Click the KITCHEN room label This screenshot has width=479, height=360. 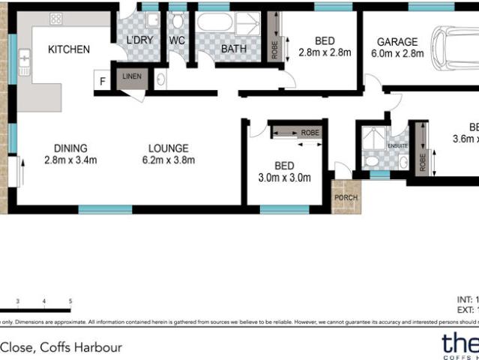pyautogui.click(x=69, y=50)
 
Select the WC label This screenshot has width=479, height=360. pyautogui.click(x=177, y=40)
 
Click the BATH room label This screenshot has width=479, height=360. pyautogui.click(x=231, y=50)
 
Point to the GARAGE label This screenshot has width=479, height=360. pyautogui.click(x=397, y=42)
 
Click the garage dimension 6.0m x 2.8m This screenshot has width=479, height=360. pyautogui.click(x=397, y=54)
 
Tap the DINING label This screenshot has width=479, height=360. pyautogui.click(x=70, y=148)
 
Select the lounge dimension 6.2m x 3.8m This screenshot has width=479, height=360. pyautogui.click(x=168, y=160)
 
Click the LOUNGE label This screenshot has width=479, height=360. pyautogui.click(x=168, y=148)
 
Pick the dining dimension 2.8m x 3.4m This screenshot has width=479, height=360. pyautogui.click(x=70, y=160)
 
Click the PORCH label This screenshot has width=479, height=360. pyautogui.click(x=346, y=198)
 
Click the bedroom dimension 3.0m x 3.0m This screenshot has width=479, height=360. pyautogui.click(x=284, y=178)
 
